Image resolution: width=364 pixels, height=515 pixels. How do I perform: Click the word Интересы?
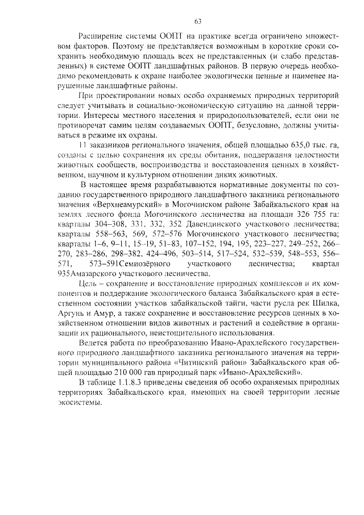pyautogui.click(x=78, y=116)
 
